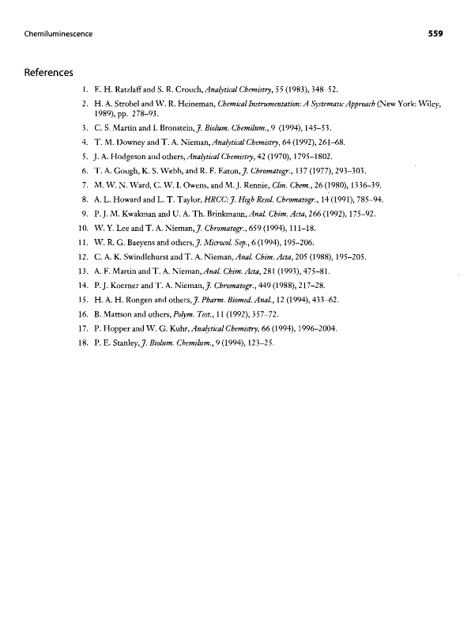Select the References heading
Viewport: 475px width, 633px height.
point(49,72)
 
